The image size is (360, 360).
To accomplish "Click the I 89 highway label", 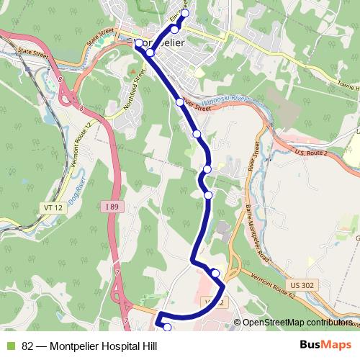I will [111, 207].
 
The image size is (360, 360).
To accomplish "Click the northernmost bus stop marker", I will [184, 14].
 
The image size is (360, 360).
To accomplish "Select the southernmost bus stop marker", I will [168, 328].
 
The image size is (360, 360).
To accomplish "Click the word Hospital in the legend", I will [118, 346].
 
